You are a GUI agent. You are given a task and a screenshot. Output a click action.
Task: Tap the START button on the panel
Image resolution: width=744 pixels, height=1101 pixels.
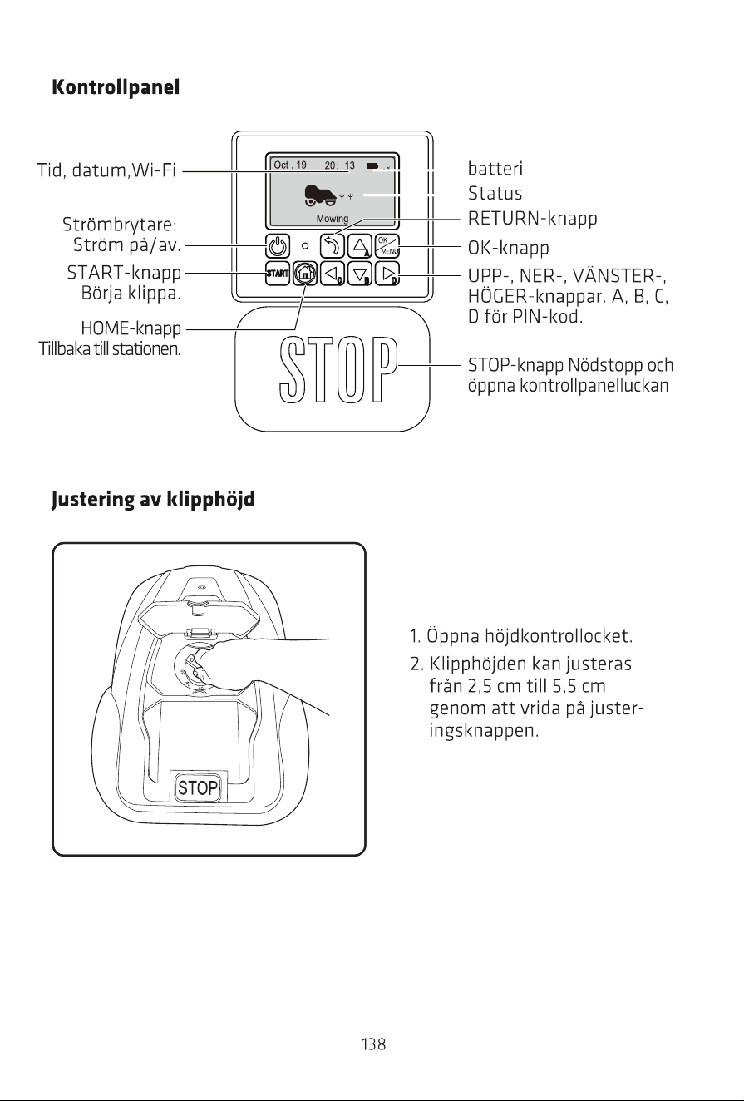coord(277,274)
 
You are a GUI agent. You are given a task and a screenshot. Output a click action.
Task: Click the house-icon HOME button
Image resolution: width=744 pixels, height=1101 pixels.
coord(305,274)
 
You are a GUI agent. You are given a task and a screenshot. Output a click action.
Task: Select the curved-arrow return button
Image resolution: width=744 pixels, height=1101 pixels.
coord(333,246)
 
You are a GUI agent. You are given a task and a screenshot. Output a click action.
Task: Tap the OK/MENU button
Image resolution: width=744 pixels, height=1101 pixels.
coord(387,246)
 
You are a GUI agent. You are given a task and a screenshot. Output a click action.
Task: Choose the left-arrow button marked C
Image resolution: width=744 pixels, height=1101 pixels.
coord(333,274)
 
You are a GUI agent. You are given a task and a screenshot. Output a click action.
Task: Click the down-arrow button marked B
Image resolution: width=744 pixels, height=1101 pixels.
coord(360,274)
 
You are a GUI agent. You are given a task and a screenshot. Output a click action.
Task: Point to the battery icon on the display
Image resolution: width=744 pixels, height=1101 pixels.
coord(372,166)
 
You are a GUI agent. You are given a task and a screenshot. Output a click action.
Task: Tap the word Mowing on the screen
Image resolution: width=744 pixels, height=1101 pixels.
coord(333,218)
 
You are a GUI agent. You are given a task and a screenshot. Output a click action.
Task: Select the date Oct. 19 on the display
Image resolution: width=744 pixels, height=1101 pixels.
coord(290,165)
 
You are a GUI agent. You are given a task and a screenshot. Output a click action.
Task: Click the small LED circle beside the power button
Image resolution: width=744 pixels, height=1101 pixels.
coord(305,246)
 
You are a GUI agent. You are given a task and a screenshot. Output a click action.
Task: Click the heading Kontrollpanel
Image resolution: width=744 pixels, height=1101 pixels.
coord(116,87)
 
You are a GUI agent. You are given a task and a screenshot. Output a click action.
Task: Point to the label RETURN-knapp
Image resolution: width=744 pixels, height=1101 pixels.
coord(532,218)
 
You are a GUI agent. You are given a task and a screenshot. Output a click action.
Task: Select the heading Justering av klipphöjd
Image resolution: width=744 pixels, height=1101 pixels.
coord(153,500)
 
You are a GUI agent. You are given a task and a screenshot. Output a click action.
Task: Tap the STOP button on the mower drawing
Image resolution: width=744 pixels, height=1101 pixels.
coord(198,787)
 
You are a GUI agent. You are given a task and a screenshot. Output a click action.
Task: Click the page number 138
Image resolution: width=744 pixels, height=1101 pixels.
coord(373,1044)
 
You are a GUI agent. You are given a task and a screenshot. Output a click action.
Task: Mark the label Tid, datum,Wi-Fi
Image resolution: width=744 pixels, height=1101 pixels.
coord(106,170)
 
